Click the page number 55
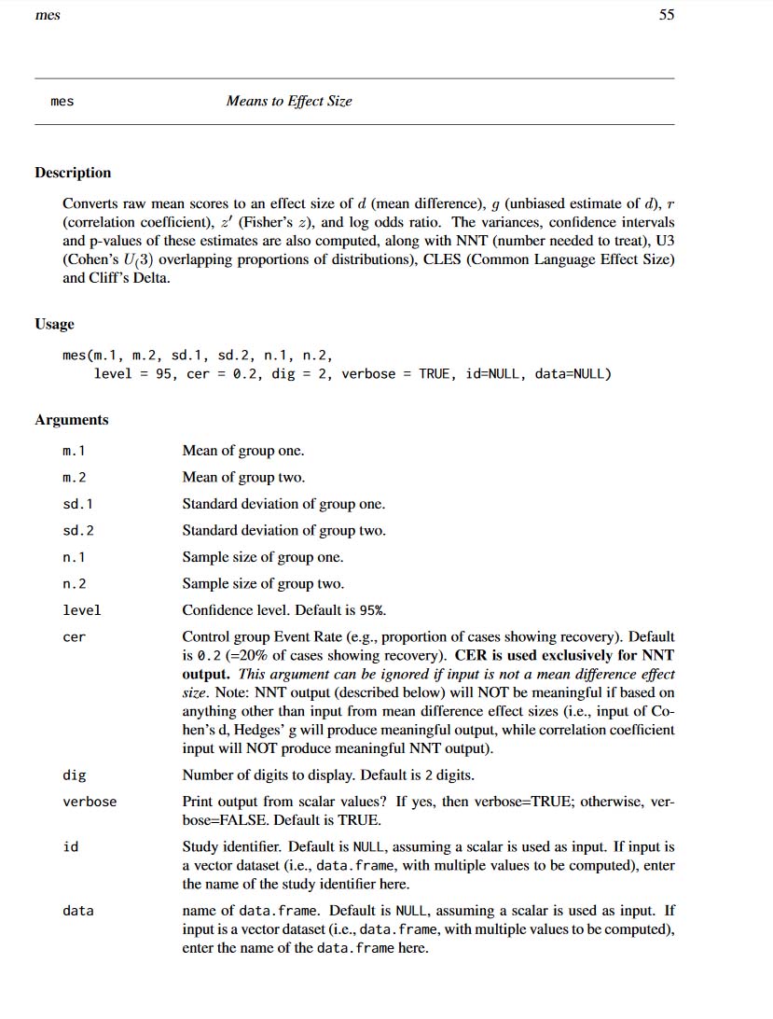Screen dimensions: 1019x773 pos(666,15)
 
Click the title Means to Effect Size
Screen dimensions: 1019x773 pos(289,101)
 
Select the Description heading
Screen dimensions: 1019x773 pos(73,173)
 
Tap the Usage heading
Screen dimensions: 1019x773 pos(54,324)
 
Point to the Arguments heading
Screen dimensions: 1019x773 pos(72,420)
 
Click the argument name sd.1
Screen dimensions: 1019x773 pos(77,504)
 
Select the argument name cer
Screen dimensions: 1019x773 pos(74,637)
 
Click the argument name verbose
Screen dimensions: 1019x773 pos(90,802)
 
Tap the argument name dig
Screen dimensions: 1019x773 pos(74,775)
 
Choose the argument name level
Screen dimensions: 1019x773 pos(82,610)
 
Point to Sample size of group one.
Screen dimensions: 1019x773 pos(263,557)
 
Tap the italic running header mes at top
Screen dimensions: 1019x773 pos(47,15)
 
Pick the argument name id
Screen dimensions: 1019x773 pos(70,847)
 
